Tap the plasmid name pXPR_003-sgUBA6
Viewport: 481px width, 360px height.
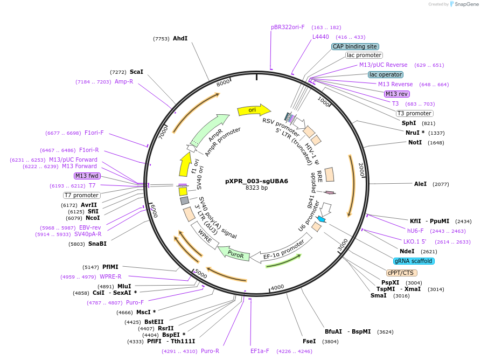click(256, 181)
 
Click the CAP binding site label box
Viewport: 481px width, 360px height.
click(355, 46)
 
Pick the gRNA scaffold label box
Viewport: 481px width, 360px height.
click(414, 261)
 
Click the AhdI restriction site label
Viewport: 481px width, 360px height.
click(180, 38)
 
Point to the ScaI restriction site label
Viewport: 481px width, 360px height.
click(136, 72)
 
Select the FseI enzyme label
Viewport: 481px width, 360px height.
click(309, 341)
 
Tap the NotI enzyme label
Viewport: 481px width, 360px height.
click(415, 142)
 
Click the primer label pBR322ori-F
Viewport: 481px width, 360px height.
click(288, 27)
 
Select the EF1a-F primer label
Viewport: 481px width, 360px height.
click(260, 351)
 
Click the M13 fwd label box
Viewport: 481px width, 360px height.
click(87, 176)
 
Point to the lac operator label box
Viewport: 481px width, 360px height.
click(386, 74)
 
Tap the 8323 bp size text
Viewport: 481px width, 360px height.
click(256, 188)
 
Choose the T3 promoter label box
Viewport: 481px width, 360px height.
click(414, 113)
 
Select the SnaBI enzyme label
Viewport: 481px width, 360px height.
click(97, 244)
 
